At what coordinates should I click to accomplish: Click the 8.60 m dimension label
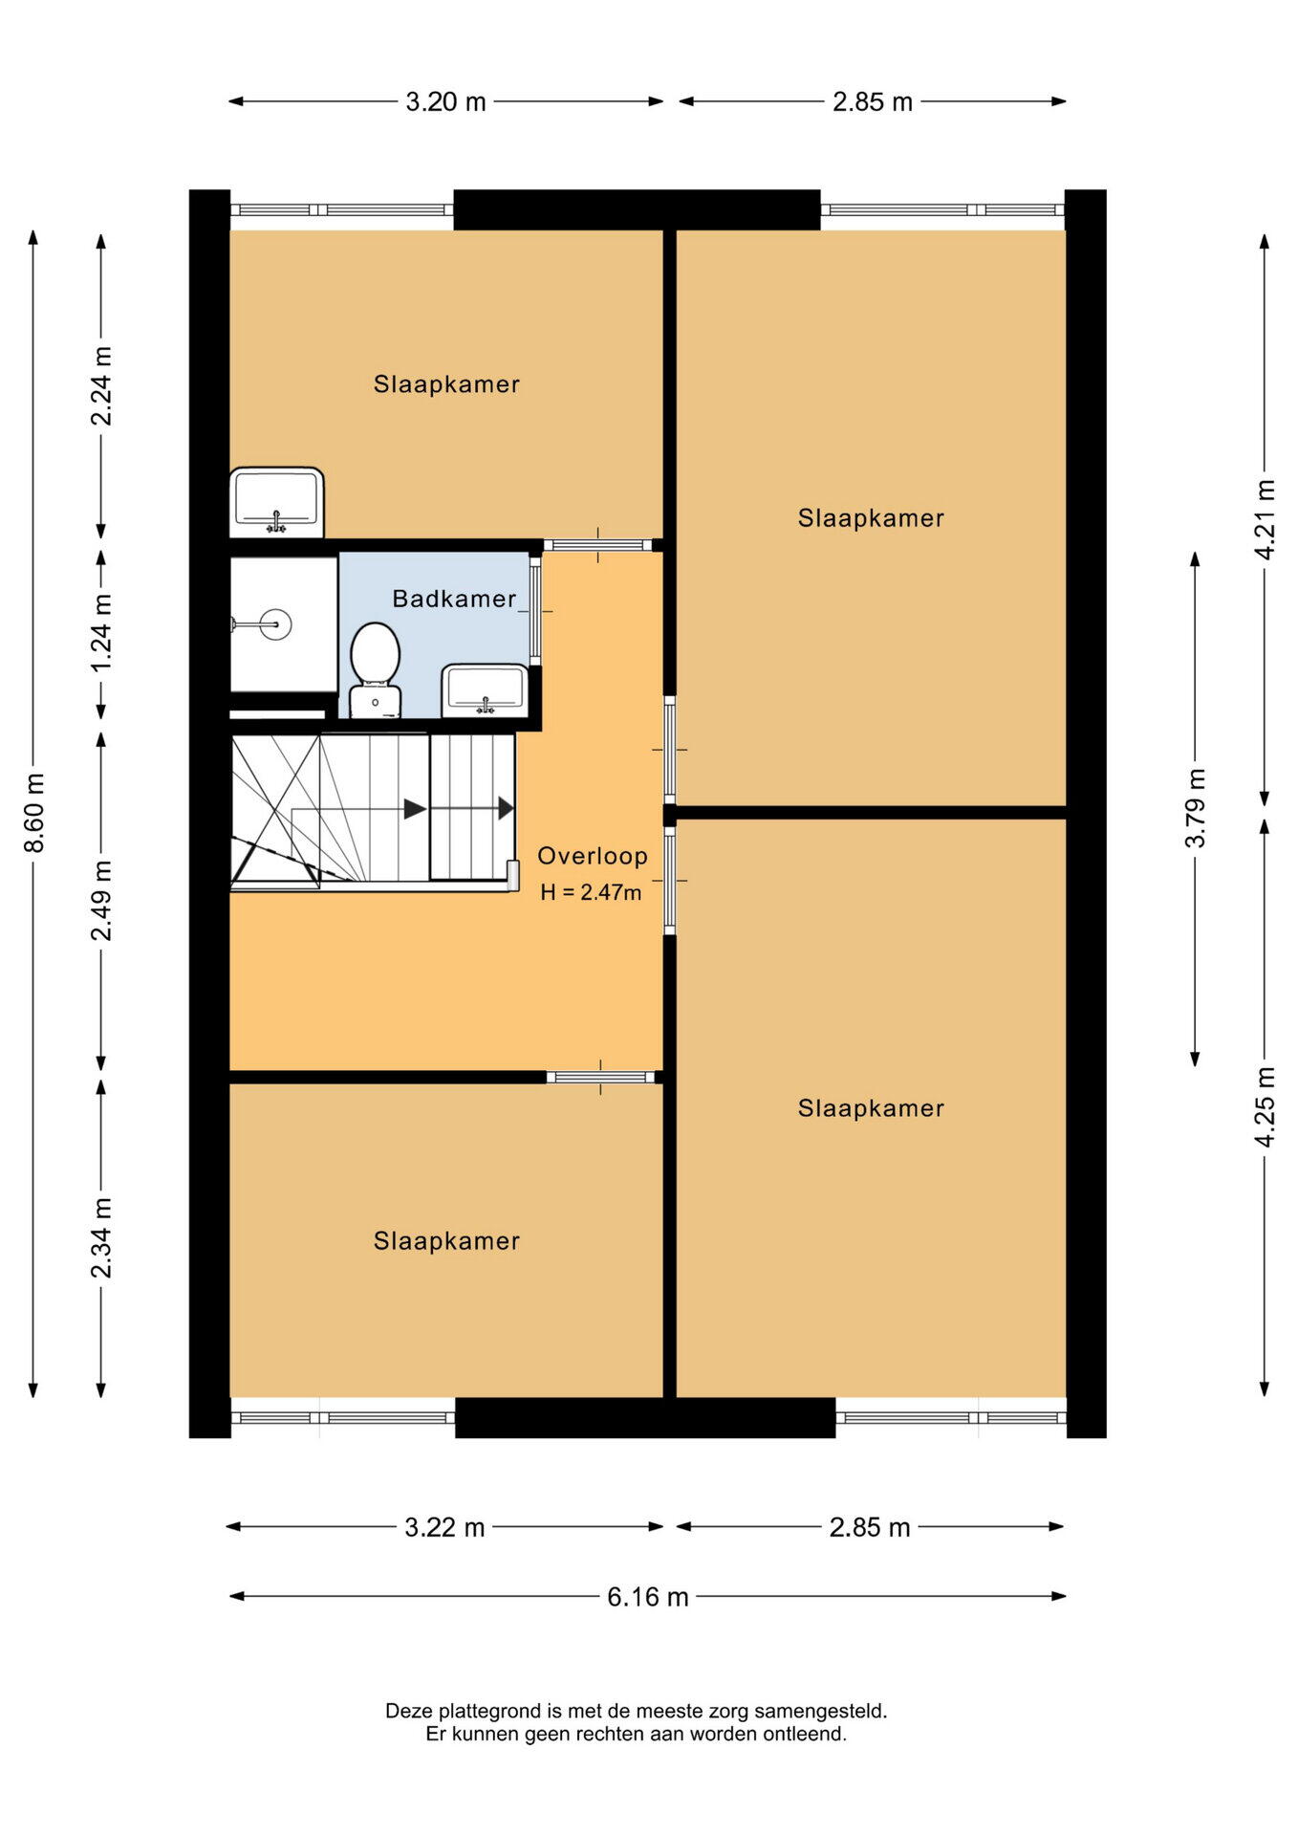(34, 813)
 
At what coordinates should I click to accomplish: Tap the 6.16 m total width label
(648, 1597)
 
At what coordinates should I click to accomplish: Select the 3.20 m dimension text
(445, 101)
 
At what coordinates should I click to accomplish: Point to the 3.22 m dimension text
(444, 1527)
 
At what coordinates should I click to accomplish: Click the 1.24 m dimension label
(101, 632)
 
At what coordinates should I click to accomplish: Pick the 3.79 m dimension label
(1196, 808)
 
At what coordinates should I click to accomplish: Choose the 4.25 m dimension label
(1266, 1106)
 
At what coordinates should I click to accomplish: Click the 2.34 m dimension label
(101, 1237)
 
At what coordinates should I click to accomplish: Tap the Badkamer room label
(454, 599)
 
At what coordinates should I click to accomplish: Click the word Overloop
(593, 856)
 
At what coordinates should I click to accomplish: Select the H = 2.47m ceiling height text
(591, 892)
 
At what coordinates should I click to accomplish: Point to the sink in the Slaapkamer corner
(277, 502)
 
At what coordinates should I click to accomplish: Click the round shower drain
(275, 624)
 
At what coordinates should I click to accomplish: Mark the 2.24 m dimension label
(101, 386)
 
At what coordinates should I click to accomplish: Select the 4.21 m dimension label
(1266, 519)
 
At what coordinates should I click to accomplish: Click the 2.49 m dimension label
(101, 901)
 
